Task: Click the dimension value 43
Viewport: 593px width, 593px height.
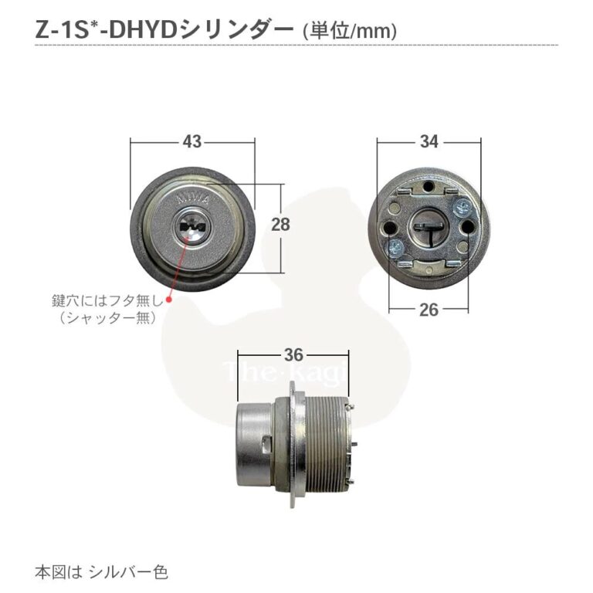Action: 192,142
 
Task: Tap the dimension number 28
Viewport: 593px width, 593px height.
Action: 280,225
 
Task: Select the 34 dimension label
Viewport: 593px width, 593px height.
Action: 429,142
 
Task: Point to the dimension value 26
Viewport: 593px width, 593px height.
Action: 429,310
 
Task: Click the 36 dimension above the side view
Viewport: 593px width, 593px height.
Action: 293,355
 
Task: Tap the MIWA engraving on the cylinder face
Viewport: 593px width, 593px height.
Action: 193,198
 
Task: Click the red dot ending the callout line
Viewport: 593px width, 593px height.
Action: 169,300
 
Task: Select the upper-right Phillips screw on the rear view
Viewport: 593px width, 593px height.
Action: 463,207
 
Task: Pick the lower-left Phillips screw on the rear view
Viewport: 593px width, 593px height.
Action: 395,249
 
